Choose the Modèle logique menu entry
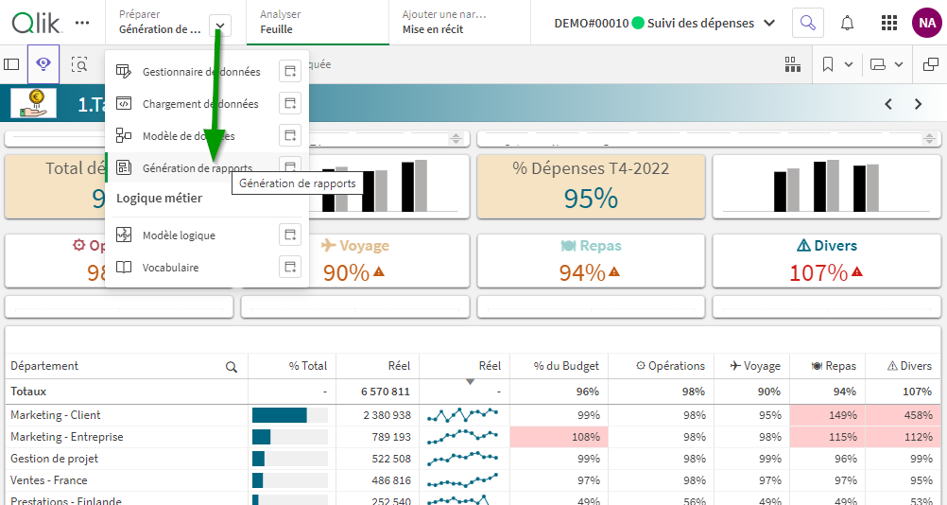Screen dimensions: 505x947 coord(179,235)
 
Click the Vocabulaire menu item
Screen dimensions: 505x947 coord(170,268)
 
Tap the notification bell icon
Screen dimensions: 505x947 coord(848,23)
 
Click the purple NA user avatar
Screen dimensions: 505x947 coord(925,23)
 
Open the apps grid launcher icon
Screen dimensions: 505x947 coord(889,23)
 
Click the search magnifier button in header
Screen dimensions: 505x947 coord(807,23)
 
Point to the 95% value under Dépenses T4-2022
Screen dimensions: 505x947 coord(591,198)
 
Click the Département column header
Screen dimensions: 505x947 coord(45,366)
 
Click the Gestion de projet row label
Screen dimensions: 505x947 coord(54,459)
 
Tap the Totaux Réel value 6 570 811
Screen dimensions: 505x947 coord(386,392)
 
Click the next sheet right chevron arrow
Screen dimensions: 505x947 coord(918,104)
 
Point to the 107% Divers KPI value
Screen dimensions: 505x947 coord(818,272)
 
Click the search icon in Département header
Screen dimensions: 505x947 coord(232,367)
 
